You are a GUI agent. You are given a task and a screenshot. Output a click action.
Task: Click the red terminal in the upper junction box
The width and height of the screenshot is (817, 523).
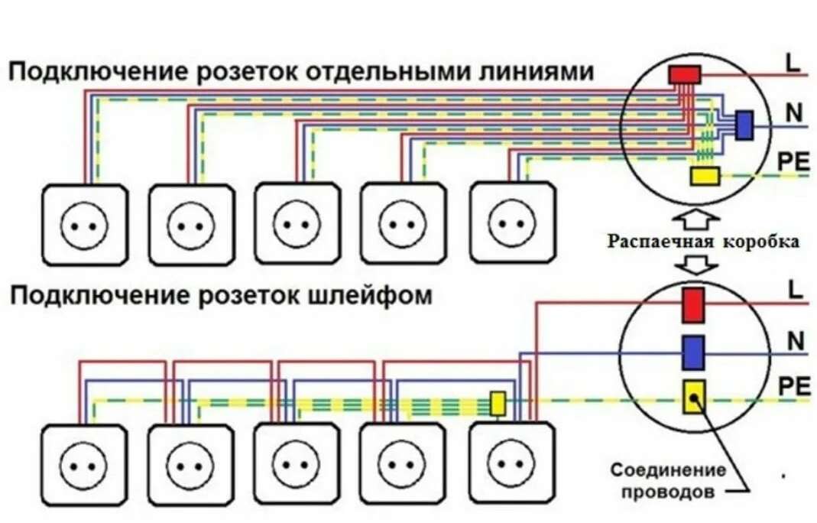pyautogui.click(x=684, y=74)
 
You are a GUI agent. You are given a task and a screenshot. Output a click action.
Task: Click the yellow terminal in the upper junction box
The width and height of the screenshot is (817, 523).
pyautogui.click(x=704, y=177)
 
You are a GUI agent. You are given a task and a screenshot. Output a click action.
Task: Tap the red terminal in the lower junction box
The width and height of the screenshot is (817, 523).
pyautogui.click(x=692, y=304)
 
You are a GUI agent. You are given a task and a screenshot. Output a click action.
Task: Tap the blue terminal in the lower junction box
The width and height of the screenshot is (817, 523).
pyautogui.click(x=692, y=352)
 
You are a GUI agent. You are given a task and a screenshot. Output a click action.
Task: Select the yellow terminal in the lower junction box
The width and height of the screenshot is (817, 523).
pyautogui.click(x=692, y=398)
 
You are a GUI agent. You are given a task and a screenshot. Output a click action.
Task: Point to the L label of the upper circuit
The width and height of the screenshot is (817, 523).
pyautogui.click(x=793, y=63)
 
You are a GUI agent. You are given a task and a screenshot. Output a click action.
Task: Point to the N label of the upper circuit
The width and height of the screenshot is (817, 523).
pyautogui.click(x=794, y=113)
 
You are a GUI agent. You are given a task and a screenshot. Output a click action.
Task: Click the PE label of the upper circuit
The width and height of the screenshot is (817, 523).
pyautogui.click(x=793, y=162)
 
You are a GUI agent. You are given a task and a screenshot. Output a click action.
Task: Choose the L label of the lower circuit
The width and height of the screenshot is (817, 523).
pyautogui.click(x=794, y=290)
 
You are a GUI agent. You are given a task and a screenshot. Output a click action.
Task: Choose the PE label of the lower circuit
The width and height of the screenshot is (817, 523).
pyautogui.click(x=793, y=387)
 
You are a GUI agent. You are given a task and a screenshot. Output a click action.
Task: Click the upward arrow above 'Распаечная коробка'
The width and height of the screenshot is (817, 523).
pyautogui.click(x=702, y=220)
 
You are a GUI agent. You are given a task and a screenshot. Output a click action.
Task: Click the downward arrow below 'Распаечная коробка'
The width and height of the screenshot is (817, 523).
pyautogui.click(x=702, y=265)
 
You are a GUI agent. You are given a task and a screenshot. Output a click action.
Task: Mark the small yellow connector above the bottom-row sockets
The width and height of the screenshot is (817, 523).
pyautogui.click(x=498, y=404)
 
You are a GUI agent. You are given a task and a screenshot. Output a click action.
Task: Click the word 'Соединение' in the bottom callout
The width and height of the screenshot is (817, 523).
pyautogui.click(x=666, y=469)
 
